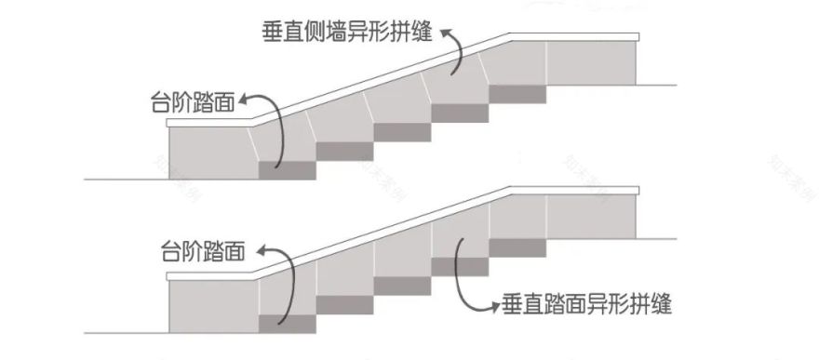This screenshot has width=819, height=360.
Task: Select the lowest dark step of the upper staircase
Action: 287,170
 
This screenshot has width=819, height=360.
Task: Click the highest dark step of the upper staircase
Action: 517,93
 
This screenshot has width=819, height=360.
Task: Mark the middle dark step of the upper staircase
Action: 402,131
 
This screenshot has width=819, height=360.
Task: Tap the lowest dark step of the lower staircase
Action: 287,324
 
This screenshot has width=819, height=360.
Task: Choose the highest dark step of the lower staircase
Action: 517,247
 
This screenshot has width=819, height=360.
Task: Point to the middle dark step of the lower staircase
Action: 402,286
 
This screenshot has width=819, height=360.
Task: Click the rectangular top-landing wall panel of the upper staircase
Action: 591,63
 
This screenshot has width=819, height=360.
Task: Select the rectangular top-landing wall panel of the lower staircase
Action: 591,218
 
